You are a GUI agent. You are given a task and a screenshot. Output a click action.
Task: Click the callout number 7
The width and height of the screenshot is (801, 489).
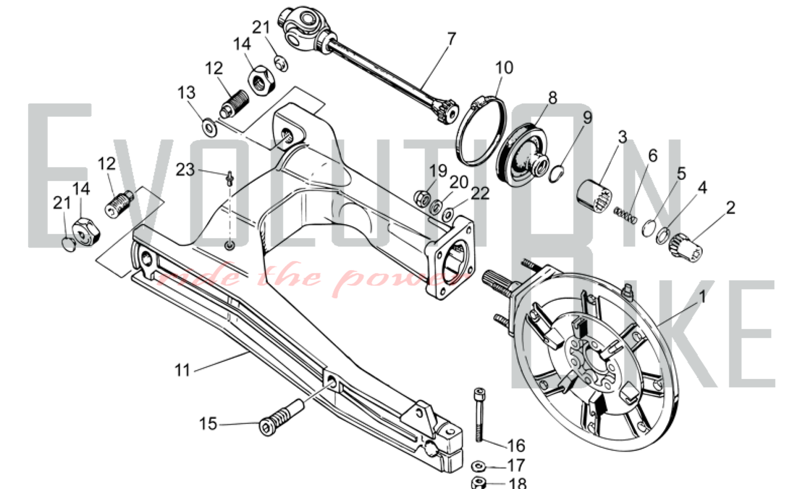coord(451,39)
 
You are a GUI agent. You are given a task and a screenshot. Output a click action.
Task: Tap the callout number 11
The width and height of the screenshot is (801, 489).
coord(183,370)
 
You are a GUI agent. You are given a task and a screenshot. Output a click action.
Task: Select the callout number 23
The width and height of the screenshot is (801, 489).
coord(185,170)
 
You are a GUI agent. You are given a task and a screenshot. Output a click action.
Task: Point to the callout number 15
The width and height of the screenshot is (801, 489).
coord(208,424)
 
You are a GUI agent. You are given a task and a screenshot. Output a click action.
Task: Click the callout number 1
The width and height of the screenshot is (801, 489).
coord(702,297)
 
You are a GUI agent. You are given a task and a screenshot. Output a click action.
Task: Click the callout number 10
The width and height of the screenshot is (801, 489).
coord(504,68)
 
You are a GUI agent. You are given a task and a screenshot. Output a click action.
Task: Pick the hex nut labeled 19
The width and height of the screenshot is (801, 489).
coord(422,198)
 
